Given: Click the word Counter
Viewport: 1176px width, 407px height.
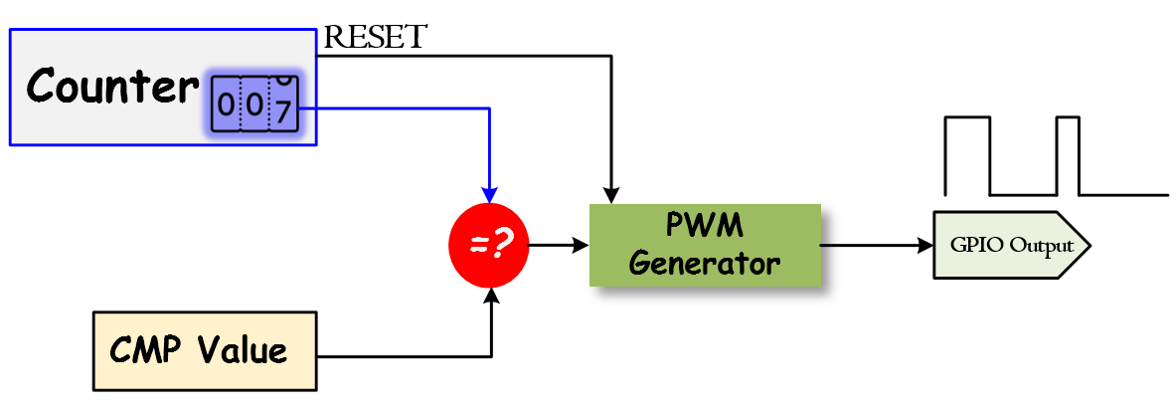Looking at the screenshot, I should tap(112, 87).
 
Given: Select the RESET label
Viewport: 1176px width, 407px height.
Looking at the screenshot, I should tap(376, 38).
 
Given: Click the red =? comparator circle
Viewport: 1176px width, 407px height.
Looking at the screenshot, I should tap(488, 245).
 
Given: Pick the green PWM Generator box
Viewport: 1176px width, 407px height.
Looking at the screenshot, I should tap(705, 245).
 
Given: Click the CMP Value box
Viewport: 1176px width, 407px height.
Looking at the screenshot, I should tap(204, 350).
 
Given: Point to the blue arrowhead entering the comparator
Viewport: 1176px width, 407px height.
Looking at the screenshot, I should tap(489, 195).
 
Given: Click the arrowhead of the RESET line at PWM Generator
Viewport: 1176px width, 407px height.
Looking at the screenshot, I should tap(611, 195).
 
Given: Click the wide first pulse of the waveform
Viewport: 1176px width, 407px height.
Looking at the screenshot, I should tap(967, 154).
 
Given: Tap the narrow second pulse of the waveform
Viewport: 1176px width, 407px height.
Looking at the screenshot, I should tap(1068, 154).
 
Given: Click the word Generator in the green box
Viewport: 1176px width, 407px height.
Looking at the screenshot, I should tap(705, 264).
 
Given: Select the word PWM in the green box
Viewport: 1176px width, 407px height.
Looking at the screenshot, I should tap(704, 226).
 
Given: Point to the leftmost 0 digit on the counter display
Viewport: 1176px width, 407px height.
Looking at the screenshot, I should tap(226, 104).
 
